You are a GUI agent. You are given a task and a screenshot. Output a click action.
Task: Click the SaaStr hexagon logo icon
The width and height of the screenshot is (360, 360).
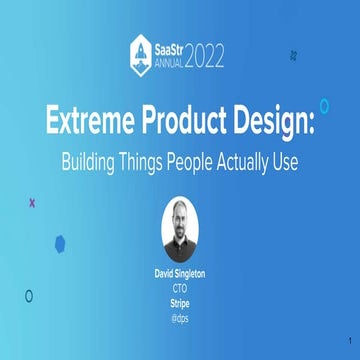[141, 50]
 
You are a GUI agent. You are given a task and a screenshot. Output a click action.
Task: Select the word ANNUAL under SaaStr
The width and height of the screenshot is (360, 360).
[168, 57]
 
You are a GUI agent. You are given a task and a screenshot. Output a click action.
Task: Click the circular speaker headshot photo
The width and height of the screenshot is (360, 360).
[180, 227]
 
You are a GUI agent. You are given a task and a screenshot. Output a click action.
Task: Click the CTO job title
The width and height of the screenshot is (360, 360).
[180, 284]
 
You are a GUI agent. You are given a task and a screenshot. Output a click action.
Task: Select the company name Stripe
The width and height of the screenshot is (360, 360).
[180, 296]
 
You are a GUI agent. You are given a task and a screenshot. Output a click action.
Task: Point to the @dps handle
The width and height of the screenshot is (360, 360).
[180, 309]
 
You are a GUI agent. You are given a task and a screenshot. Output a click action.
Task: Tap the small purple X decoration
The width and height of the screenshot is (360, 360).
[32, 202]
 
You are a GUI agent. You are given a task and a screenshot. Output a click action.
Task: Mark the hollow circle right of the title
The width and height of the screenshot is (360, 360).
[324, 105]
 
